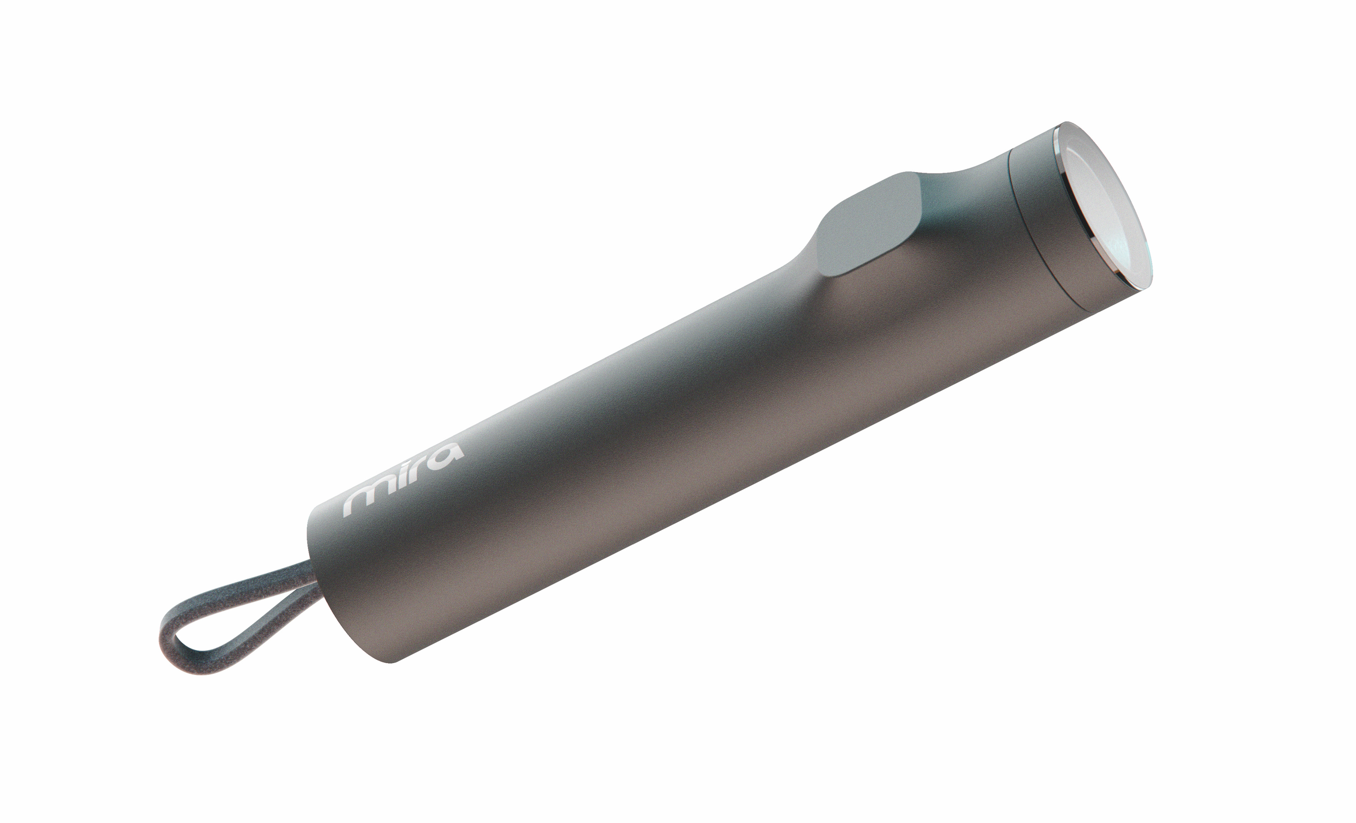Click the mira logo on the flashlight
(x=403, y=481)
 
